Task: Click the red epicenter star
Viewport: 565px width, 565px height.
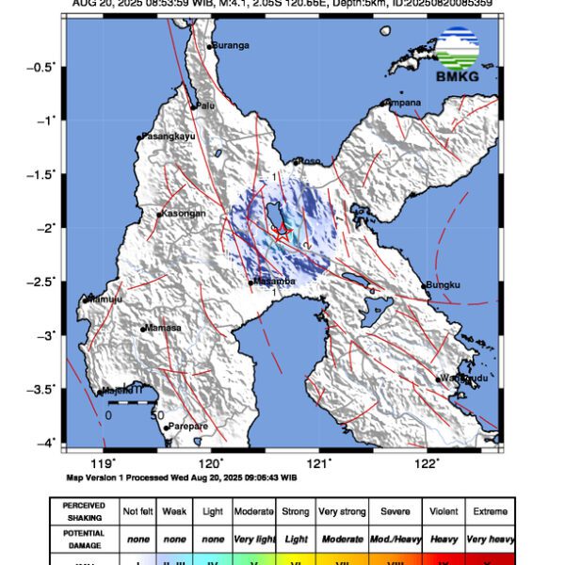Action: tap(282, 233)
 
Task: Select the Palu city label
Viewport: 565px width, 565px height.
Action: tap(204, 105)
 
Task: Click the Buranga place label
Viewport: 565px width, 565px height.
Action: tap(230, 44)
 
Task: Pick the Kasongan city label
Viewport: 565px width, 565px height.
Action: tap(184, 214)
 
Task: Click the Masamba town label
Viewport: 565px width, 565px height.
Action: tap(275, 282)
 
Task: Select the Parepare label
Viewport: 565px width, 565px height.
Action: tap(187, 427)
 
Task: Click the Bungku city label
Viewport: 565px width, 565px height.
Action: tap(443, 284)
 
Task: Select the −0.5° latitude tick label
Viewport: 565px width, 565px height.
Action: tap(42, 67)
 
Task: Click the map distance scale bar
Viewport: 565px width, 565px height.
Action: tap(132, 403)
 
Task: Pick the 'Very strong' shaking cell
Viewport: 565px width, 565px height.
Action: tap(341, 511)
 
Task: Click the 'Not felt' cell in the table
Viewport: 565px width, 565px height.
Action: tap(139, 511)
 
